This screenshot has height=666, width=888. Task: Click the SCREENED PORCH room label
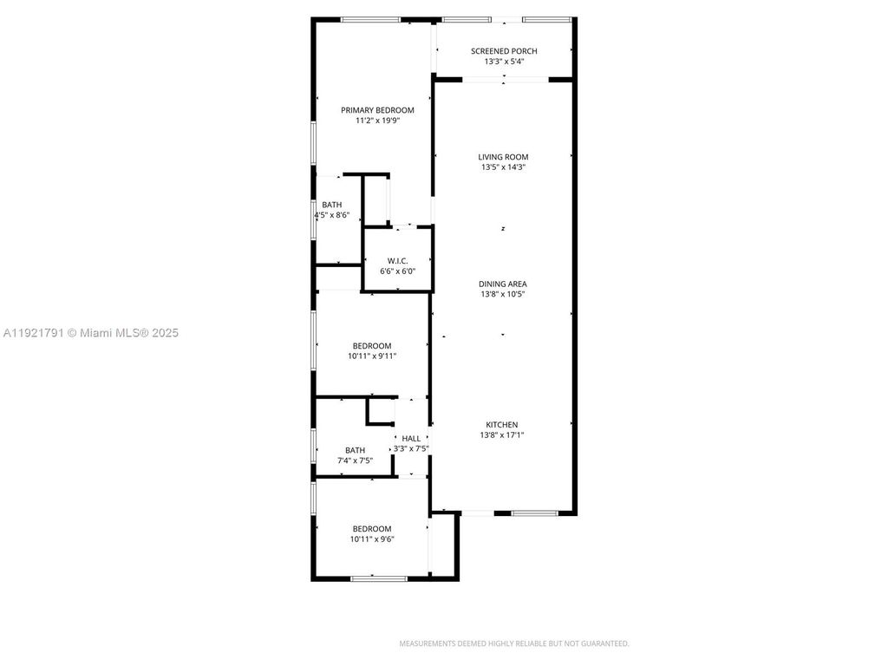pos(503,51)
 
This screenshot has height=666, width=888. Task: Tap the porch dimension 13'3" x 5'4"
pos(503,62)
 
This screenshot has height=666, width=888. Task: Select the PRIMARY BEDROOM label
pos(377,110)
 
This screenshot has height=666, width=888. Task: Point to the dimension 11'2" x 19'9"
pos(377,121)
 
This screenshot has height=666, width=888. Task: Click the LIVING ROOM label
pos(503,157)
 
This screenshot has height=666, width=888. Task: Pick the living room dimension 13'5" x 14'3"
pos(503,167)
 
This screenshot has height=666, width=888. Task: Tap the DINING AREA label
pos(503,284)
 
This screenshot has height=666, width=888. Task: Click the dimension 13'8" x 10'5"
pos(503,295)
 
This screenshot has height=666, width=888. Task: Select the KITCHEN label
pos(501,425)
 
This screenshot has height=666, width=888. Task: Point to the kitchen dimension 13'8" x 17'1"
pos(503,435)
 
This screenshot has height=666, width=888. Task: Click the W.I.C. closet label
pos(397,261)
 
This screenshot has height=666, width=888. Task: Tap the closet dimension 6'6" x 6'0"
pos(397,271)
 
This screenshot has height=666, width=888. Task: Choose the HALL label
pos(411,439)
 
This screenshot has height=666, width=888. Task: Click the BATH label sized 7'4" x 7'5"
pos(355,450)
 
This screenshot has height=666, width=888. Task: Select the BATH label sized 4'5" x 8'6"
pos(331,205)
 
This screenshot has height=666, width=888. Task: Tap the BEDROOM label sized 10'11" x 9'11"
pos(371,345)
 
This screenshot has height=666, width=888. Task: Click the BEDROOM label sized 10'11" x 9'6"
pos(371,528)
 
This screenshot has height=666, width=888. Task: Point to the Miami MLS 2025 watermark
pos(91,332)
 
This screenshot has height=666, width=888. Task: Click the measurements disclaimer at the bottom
pos(513,643)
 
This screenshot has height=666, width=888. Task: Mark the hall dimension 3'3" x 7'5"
pos(411,448)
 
